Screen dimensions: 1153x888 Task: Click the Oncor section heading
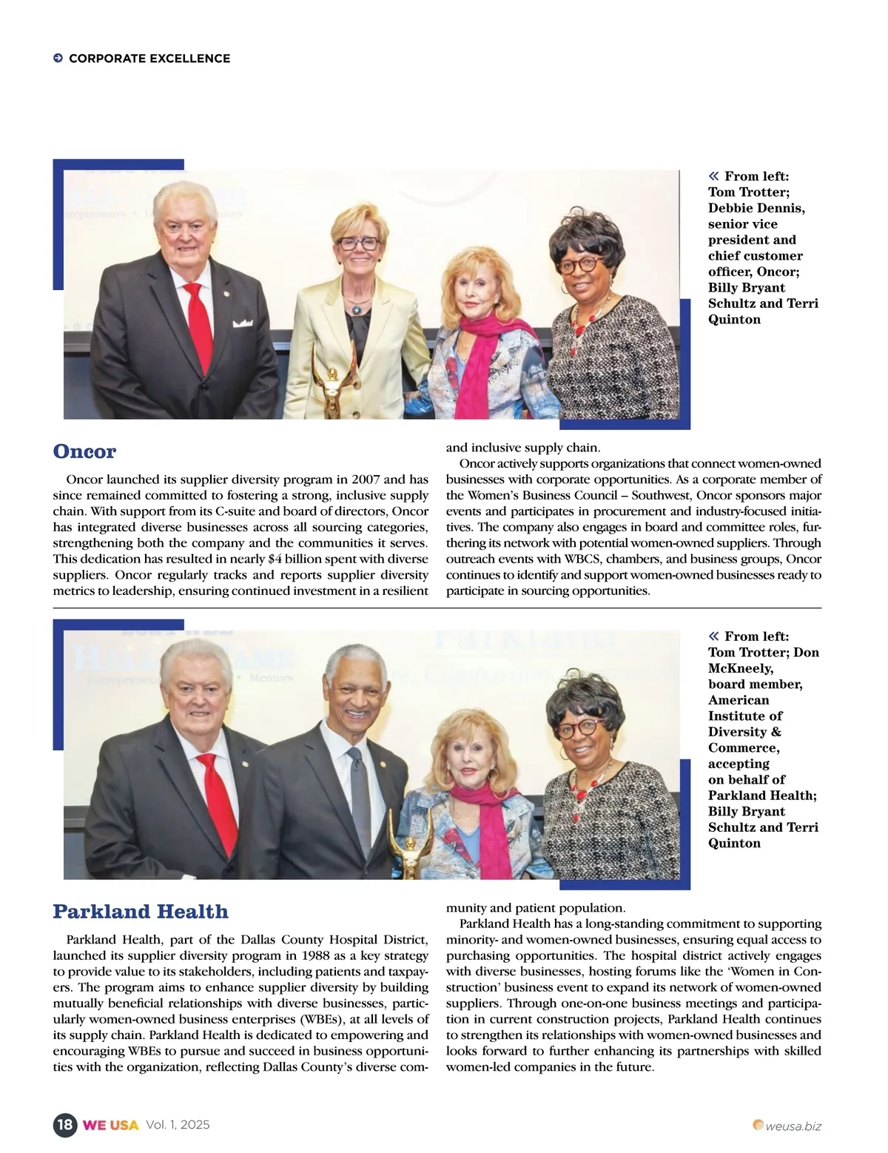84,451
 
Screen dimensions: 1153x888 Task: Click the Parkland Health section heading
141,912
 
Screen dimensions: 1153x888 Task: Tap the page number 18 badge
65,1125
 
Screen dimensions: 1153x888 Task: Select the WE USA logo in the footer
110,1126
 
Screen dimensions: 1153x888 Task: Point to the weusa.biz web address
793,1126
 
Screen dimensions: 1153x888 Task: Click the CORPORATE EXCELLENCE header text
149,58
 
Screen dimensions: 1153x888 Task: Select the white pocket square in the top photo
243,323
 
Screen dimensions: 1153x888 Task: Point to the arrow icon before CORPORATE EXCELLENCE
58,58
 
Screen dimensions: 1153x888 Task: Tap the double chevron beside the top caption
713,176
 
